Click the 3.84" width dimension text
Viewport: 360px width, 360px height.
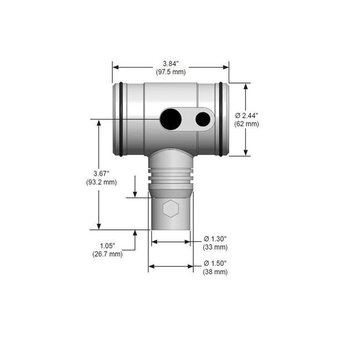pos(171,64)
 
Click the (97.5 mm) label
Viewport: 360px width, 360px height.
pos(171,72)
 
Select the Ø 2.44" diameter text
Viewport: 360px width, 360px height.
pos(247,115)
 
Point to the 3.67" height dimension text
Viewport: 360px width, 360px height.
pos(101,173)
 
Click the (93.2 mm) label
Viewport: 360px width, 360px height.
pos(101,182)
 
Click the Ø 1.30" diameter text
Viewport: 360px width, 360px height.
pos(215,239)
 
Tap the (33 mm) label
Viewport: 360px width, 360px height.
pos(215,247)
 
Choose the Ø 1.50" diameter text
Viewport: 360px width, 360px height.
pos(215,263)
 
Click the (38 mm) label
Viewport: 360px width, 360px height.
pos(215,271)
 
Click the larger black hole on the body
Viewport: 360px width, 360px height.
pos(171,119)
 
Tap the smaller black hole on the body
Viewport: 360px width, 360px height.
pos(203,119)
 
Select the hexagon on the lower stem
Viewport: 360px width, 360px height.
pos(171,209)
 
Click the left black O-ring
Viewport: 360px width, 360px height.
pos(121,119)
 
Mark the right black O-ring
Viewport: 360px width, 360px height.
pos(221,119)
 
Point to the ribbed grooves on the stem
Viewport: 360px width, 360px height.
pos(171,178)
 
